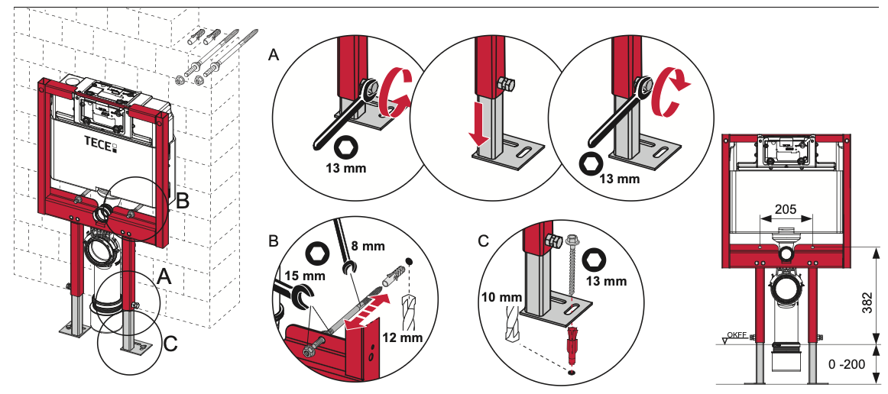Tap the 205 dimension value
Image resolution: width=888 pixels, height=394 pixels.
[x=786, y=208]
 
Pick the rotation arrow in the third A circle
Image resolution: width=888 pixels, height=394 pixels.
[x=670, y=93]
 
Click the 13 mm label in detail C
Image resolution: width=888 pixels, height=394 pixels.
[x=604, y=281]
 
